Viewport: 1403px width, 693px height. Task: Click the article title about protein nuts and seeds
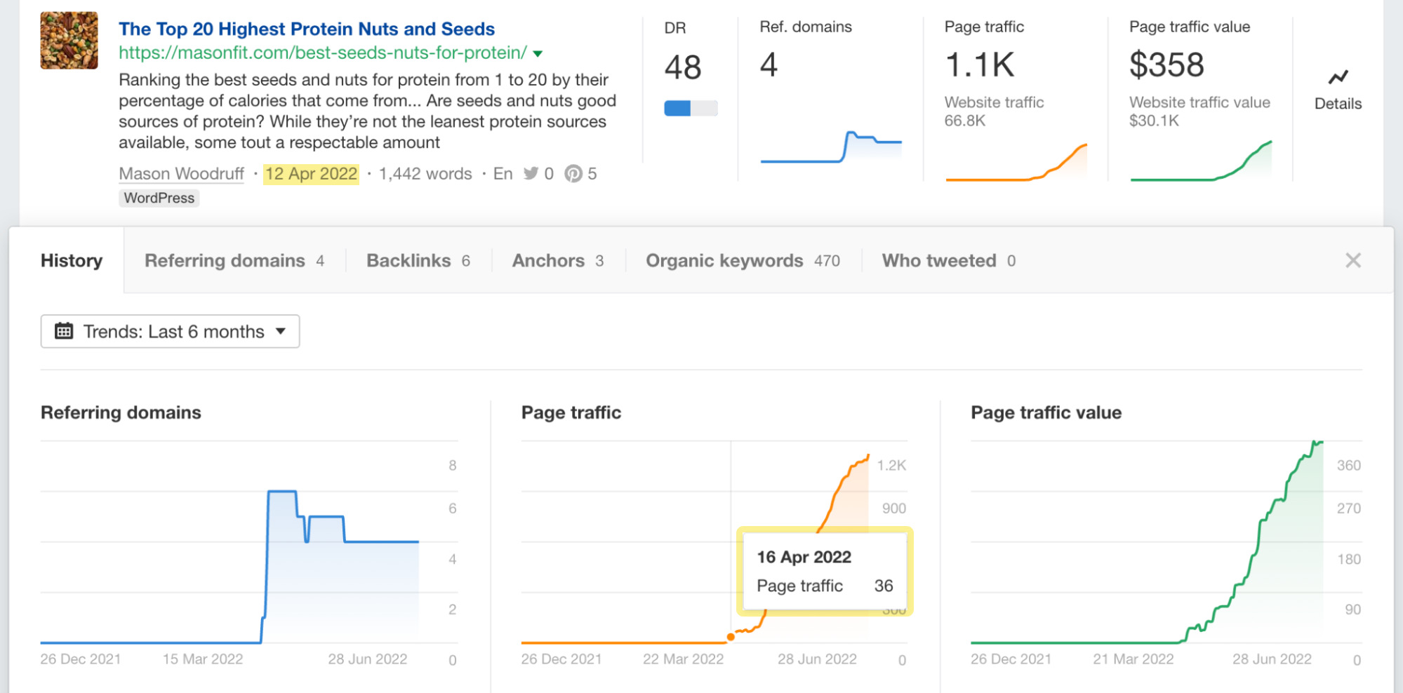[x=307, y=29]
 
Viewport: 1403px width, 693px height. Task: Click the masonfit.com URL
[x=323, y=53]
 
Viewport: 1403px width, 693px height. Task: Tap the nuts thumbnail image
[x=69, y=40]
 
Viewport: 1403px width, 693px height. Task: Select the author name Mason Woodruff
[x=181, y=174]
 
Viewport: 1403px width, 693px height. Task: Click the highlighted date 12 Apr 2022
[x=311, y=174]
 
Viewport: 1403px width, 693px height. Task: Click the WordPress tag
[x=159, y=199]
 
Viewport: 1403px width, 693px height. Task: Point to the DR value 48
[x=682, y=67]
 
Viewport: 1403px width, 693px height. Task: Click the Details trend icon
[x=1338, y=77]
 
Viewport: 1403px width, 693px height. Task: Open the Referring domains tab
[x=234, y=261]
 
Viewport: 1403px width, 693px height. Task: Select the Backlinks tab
[x=418, y=261]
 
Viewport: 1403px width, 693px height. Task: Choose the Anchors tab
[x=557, y=261]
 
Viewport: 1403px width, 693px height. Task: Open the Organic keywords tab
[x=742, y=261]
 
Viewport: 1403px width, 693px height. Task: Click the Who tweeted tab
[x=948, y=261]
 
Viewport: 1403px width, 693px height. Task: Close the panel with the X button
[x=1352, y=261]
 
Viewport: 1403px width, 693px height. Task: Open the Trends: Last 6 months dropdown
[x=170, y=332]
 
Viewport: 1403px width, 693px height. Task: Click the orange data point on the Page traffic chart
[x=731, y=637]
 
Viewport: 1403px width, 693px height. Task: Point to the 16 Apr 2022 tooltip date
[x=804, y=558]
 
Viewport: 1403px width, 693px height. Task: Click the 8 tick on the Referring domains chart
[x=453, y=466]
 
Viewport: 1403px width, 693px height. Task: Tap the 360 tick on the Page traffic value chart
[x=1348, y=466]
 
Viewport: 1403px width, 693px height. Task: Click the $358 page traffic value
[x=1166, y=65]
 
